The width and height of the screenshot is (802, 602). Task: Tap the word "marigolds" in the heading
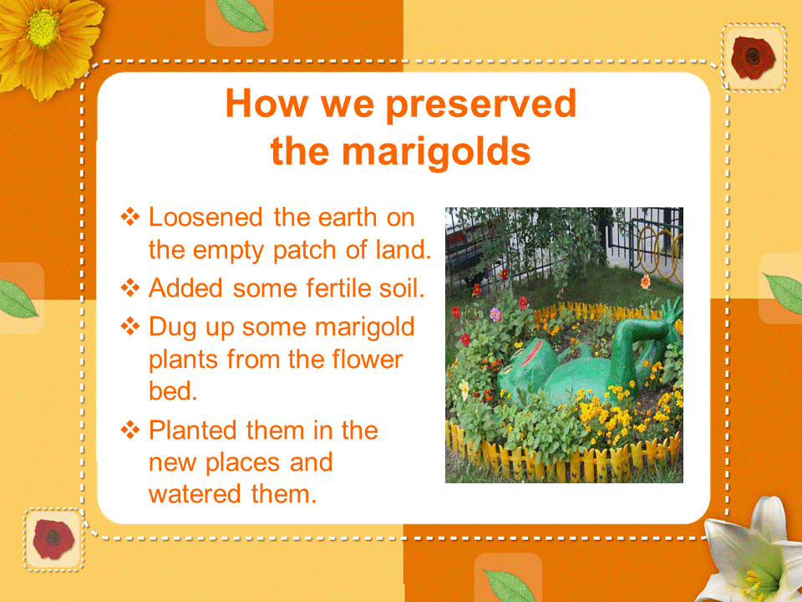point(436,152)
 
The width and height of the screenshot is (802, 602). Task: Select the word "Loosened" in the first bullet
point(206,217)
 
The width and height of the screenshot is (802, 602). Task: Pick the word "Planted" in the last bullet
point(193,430)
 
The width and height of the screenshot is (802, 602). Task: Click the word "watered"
point(195,494)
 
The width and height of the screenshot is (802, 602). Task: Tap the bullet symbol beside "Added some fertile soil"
point(130,288)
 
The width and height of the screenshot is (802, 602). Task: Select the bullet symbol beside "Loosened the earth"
point(130,217)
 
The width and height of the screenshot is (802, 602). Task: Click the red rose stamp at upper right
point(753,58)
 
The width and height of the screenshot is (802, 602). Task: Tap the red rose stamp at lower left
point(53,539)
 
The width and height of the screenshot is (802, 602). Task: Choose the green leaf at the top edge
point(241,15)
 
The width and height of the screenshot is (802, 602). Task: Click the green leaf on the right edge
point(784,292)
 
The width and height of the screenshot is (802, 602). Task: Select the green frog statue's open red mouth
point(532,352)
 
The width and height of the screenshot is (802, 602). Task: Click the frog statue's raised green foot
point(671,309)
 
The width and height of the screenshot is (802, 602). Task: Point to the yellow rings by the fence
point(660,250)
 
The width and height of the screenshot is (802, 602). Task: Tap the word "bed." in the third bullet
point(173,391)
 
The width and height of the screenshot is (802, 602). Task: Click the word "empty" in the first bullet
point(227,251)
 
